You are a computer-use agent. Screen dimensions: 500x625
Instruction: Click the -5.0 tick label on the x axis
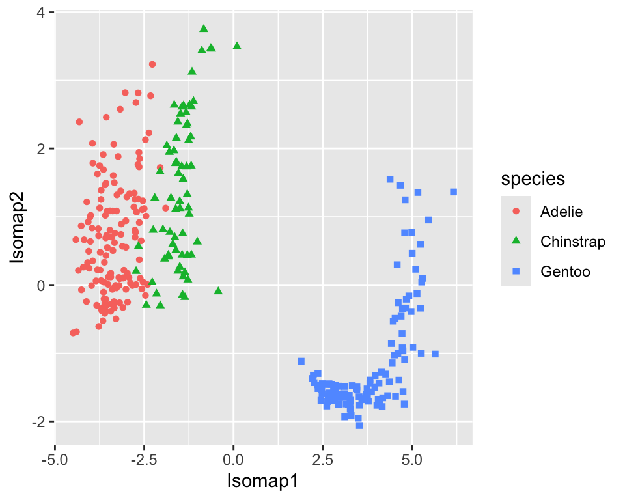coord(55,460)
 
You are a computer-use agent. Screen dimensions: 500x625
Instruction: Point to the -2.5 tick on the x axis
coord(144,460)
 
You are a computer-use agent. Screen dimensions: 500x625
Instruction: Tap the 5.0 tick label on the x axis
coord(411,460)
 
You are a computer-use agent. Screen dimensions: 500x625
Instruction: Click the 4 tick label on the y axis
coord(40,12)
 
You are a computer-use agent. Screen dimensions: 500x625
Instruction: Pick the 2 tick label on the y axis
coord(40,148)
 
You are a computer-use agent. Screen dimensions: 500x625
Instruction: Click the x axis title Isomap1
coord(263,482)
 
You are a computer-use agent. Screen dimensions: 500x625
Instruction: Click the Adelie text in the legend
coord(561,212)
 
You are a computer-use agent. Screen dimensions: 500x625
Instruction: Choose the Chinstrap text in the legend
coord(573,242)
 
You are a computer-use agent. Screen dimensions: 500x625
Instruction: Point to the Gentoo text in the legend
coord(565,271)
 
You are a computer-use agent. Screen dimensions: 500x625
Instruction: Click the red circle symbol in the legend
coord(516,212)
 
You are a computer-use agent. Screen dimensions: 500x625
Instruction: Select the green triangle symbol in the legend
coord(516,241)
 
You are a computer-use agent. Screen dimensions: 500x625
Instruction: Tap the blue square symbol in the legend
coord(516,271)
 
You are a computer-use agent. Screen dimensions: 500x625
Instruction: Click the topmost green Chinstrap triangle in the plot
coord(204,29)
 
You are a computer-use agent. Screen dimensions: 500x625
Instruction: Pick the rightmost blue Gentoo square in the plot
coord(454,192)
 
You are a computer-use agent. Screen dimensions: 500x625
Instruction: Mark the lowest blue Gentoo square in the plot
coord(359,426)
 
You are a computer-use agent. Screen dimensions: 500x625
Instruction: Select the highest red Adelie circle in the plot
coord(152,64)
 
